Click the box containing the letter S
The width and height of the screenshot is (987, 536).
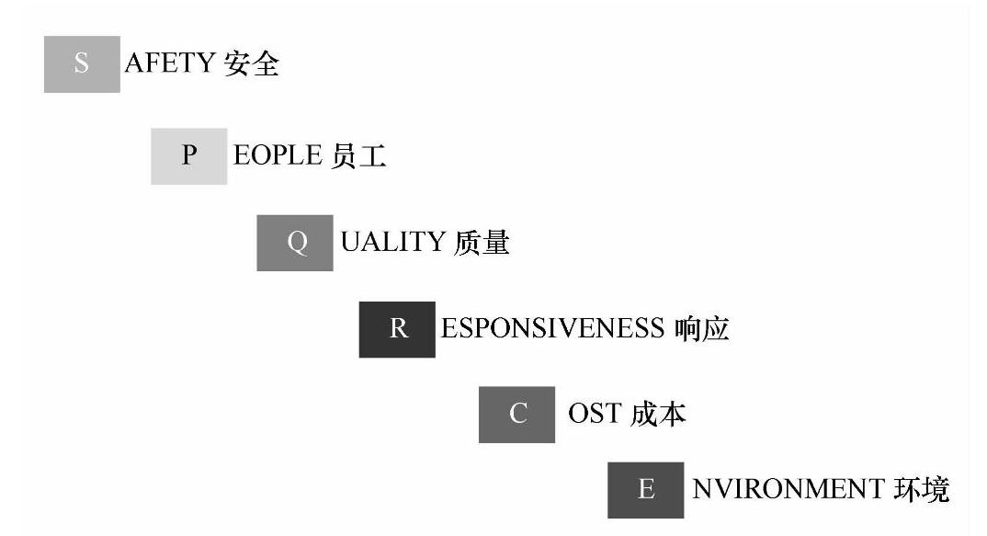pos(82,64)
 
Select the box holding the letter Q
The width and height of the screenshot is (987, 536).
pos(294,243)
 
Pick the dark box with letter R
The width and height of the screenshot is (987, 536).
pos(397,329)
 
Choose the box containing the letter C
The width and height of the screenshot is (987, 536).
pos(516,415)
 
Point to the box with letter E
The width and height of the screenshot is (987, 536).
pos(645,489)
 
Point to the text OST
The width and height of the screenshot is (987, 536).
pos(595,415)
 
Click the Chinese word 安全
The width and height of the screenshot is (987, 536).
pos(252,64)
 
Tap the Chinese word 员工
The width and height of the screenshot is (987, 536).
pos(359,155)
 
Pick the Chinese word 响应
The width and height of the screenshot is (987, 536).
pos(701,329)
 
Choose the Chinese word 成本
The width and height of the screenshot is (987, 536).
pos(659,415)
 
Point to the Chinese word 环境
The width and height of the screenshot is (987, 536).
pos(922,489)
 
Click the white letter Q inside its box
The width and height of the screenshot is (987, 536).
pos(295,244)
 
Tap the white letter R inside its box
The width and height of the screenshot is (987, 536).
pos(398,329)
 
